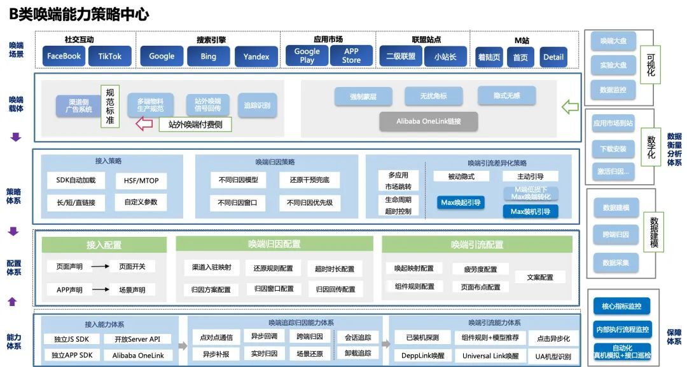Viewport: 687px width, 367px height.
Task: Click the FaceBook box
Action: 64,56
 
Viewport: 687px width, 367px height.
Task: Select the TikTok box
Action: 109,56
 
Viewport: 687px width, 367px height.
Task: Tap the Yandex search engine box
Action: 256,56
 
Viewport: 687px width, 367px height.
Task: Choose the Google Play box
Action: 307,56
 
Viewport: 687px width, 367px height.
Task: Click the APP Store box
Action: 351,56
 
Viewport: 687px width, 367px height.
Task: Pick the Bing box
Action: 208,56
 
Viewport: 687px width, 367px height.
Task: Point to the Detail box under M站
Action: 553,57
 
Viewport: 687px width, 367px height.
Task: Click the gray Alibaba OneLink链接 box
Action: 428,121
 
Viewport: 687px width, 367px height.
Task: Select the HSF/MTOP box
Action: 137,181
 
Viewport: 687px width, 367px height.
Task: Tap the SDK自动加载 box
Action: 76,180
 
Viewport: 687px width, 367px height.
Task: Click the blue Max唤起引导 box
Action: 461,203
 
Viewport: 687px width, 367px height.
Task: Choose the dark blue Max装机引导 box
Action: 530,211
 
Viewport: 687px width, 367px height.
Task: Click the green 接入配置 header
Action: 104,244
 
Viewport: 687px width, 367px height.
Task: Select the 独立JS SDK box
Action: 71,339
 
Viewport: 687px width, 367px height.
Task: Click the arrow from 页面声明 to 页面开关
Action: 100,267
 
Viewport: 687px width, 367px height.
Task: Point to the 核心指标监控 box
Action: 621,307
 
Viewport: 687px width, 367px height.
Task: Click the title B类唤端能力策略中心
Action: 79,14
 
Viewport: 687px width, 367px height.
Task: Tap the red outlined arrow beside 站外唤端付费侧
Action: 144,124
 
